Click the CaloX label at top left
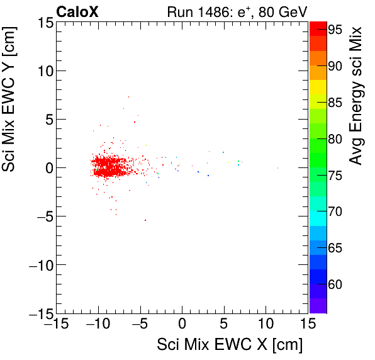[x=77, y=11]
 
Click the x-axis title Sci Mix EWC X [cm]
[x=230, y=345]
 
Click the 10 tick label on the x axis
[x=266, y=324]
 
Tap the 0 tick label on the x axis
[x=182, y=324]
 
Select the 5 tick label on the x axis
[x=224, y=324]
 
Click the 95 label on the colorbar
[x=333, y=29]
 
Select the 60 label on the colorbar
[x=333, y=284]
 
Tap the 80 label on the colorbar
[x=333, y=138]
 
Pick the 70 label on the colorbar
[x=333, y=211]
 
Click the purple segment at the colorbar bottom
[x=318, y=305]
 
